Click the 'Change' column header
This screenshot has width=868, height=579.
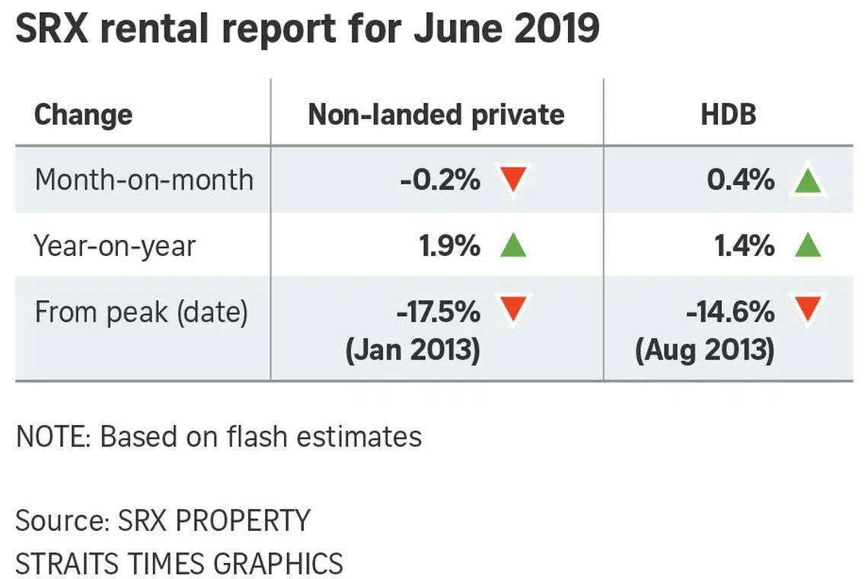(x=83, y=115)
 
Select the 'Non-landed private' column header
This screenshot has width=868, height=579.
(x=436, y=115)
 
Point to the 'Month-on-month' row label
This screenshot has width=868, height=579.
(x=144, y=181)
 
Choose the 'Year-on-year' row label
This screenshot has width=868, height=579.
(x=115, y=246)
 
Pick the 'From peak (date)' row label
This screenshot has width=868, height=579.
(x=141, y=312)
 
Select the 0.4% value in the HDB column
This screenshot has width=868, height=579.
(x=740, y=181)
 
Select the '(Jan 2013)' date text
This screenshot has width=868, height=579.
(x=413, y=351)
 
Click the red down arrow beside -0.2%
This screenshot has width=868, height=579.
(x=514, y=180)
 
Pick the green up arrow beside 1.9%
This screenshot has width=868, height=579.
(x=513, y=246)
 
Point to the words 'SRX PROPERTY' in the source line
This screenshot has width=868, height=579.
(x=214, y=520)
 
